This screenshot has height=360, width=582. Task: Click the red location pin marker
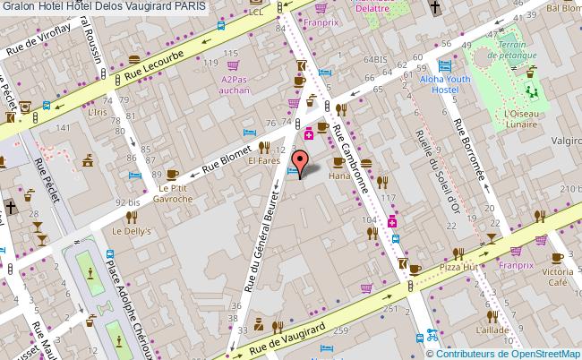click(301, 162)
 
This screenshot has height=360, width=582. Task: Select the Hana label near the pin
click(338, 177)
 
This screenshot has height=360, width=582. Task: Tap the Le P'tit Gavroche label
click(172, 193)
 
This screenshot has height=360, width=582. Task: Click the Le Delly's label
click(129, 230)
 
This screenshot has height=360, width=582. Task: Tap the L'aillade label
click(492, 330)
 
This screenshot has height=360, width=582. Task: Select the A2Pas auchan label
click(235, 85)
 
